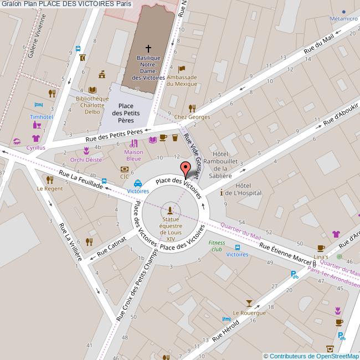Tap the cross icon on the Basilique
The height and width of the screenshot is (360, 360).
(148, 49)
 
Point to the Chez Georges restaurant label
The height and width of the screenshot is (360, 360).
(192, 117)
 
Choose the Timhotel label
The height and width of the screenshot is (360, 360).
(42, 117)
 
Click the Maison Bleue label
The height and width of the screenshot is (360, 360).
(133, 155)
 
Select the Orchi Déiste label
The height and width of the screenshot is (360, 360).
(86, 160)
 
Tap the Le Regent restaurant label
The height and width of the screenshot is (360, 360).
(50, 188)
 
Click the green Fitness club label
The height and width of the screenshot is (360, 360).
(217, 246)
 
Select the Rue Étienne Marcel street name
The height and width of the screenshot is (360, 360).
(286, 254)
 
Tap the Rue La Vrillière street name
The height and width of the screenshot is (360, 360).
(71, 242)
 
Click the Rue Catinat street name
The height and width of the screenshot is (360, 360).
(111, 246)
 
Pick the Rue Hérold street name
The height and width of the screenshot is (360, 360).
(225, 331)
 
